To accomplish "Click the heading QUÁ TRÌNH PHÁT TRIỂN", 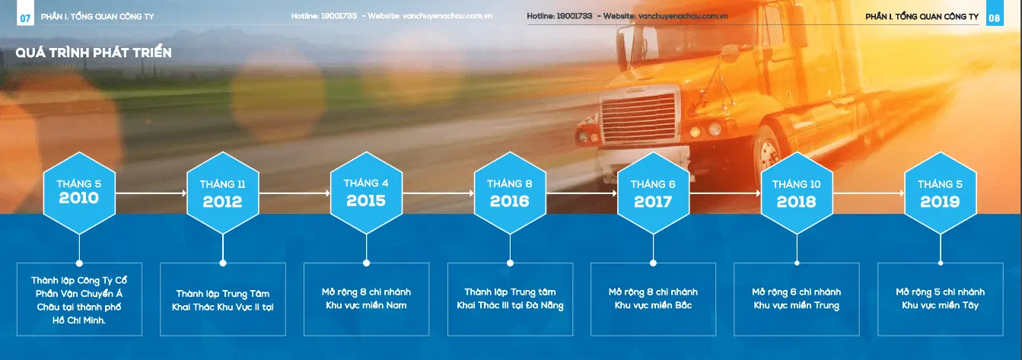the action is tap(94, 53).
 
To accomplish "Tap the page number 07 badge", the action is tap(26, 18).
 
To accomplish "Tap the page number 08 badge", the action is tap(995, 18).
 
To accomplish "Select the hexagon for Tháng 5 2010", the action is tap(79, 193).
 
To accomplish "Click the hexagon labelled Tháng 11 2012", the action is tap(223, 193).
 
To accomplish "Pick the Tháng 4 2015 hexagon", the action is tap(366, 193).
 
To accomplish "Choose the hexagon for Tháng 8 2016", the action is tap(510, 193).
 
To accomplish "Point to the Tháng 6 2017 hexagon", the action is tap(654, 193).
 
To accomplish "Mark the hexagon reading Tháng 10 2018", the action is tap(797, 193).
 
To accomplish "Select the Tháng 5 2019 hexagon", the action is tap(941, 193).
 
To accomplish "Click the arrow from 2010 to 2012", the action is tap(151, 193).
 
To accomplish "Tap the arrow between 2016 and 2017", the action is tap(581, 193).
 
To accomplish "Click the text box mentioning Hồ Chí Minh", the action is tap(79, 299).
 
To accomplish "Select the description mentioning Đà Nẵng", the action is tap(510, 299).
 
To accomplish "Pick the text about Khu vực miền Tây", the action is tap(941, 299).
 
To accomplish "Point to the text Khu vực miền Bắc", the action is tap(654, 305).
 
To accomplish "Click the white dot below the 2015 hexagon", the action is tap(366, 263).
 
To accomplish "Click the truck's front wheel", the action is tap(769, 155).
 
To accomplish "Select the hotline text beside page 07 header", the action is tap(324, 16).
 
